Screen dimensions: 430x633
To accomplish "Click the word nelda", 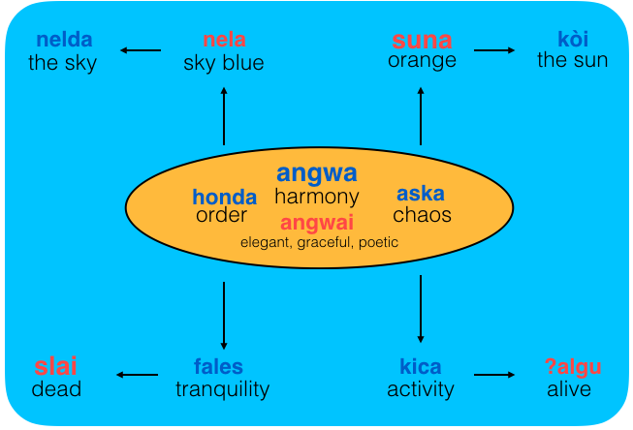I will pos(63,41).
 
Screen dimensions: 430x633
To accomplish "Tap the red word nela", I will pos(224,41).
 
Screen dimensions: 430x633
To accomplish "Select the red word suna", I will pos(422,41).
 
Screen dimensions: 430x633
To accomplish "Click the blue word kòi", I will pos(573,41).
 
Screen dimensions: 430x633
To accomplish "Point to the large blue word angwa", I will pos(317,173).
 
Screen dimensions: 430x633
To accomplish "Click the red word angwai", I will pos(317,223).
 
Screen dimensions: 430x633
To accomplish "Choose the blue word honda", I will pos(224,197).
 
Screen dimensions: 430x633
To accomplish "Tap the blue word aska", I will pos(421,194).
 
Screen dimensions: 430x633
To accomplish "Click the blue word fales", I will pos(218,367).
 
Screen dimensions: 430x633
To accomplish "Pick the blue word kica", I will pos(421,367).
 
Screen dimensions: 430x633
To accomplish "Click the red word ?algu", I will pos(573,367).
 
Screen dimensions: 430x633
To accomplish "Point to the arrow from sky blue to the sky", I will pos(140,50).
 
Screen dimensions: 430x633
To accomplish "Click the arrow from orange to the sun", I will pos(495,50).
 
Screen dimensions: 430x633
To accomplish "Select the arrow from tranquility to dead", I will pos(137,375).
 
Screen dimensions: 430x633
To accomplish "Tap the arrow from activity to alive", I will pos(494,375).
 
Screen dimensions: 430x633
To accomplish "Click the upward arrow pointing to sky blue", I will pos(224,115).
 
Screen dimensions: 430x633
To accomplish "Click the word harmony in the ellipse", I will pos(317,197).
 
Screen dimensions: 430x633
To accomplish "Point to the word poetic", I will pos(378,242).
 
